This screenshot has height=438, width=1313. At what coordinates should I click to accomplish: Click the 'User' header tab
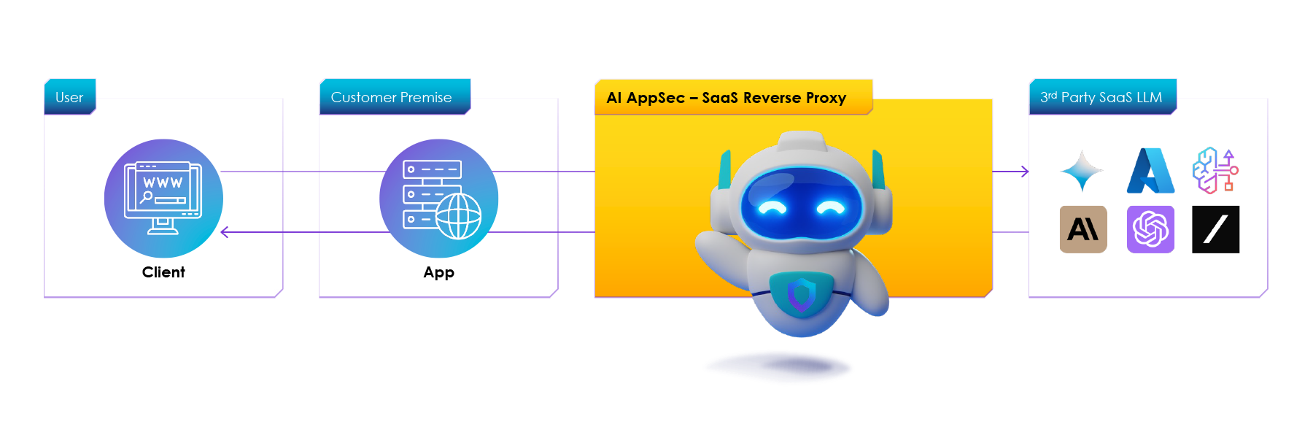70,97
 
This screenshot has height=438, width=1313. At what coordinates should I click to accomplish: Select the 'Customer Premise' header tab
392,97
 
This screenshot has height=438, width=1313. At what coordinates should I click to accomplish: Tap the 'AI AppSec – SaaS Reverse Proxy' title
727,98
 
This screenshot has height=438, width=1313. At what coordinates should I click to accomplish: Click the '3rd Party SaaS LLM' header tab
1101,97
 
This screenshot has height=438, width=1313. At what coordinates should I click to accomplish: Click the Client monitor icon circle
163,198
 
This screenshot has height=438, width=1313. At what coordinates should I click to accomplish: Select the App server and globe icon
439,198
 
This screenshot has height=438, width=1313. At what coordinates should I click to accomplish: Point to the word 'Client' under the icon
163,272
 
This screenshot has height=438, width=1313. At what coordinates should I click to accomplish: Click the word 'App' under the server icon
439,272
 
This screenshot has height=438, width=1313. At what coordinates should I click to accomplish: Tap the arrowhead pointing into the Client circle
225,232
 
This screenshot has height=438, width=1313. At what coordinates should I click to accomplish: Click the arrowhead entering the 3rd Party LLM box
1025,172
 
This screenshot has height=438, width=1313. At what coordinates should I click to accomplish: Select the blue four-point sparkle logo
1082,171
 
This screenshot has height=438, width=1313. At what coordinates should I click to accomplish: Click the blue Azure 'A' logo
1150,171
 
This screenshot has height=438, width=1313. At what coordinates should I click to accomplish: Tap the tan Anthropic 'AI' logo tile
1083,229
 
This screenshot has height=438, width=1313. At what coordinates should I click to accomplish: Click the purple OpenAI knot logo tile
1150,229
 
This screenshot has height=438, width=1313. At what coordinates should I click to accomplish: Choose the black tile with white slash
1215,229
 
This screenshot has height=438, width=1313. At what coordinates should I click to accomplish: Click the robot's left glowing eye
772,208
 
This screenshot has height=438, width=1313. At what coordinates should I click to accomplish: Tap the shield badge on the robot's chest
802,293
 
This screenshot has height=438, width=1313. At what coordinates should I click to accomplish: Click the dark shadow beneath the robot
778,367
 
